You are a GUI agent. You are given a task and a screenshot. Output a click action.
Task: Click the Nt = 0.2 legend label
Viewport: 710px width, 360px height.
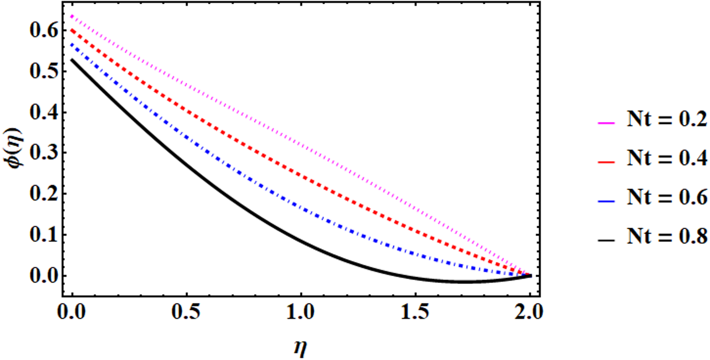[667, 119]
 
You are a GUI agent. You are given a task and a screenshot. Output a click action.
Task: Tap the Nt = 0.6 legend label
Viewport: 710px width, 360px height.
[667, 197]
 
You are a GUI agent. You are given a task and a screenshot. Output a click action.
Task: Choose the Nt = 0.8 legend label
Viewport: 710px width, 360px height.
[667, 236]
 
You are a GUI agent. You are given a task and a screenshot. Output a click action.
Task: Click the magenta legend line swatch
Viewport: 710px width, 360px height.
[606, 123]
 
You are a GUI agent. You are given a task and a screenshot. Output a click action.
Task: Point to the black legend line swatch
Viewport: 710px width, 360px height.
[606, 240]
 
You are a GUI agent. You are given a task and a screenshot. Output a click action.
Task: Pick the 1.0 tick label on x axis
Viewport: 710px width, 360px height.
[301, 313]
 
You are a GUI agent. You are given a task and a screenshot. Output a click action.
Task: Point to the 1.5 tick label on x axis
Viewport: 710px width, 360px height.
[415, 313]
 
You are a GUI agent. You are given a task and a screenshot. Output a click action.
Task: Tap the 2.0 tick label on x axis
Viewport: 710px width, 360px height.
[529, 313]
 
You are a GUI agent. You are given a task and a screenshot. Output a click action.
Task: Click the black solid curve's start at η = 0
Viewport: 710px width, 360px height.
[72, 60]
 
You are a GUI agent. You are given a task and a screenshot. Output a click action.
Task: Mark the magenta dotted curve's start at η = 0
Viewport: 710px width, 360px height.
[72, 16]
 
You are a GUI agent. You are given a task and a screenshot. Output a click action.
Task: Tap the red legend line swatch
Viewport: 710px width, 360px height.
[606, 162]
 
